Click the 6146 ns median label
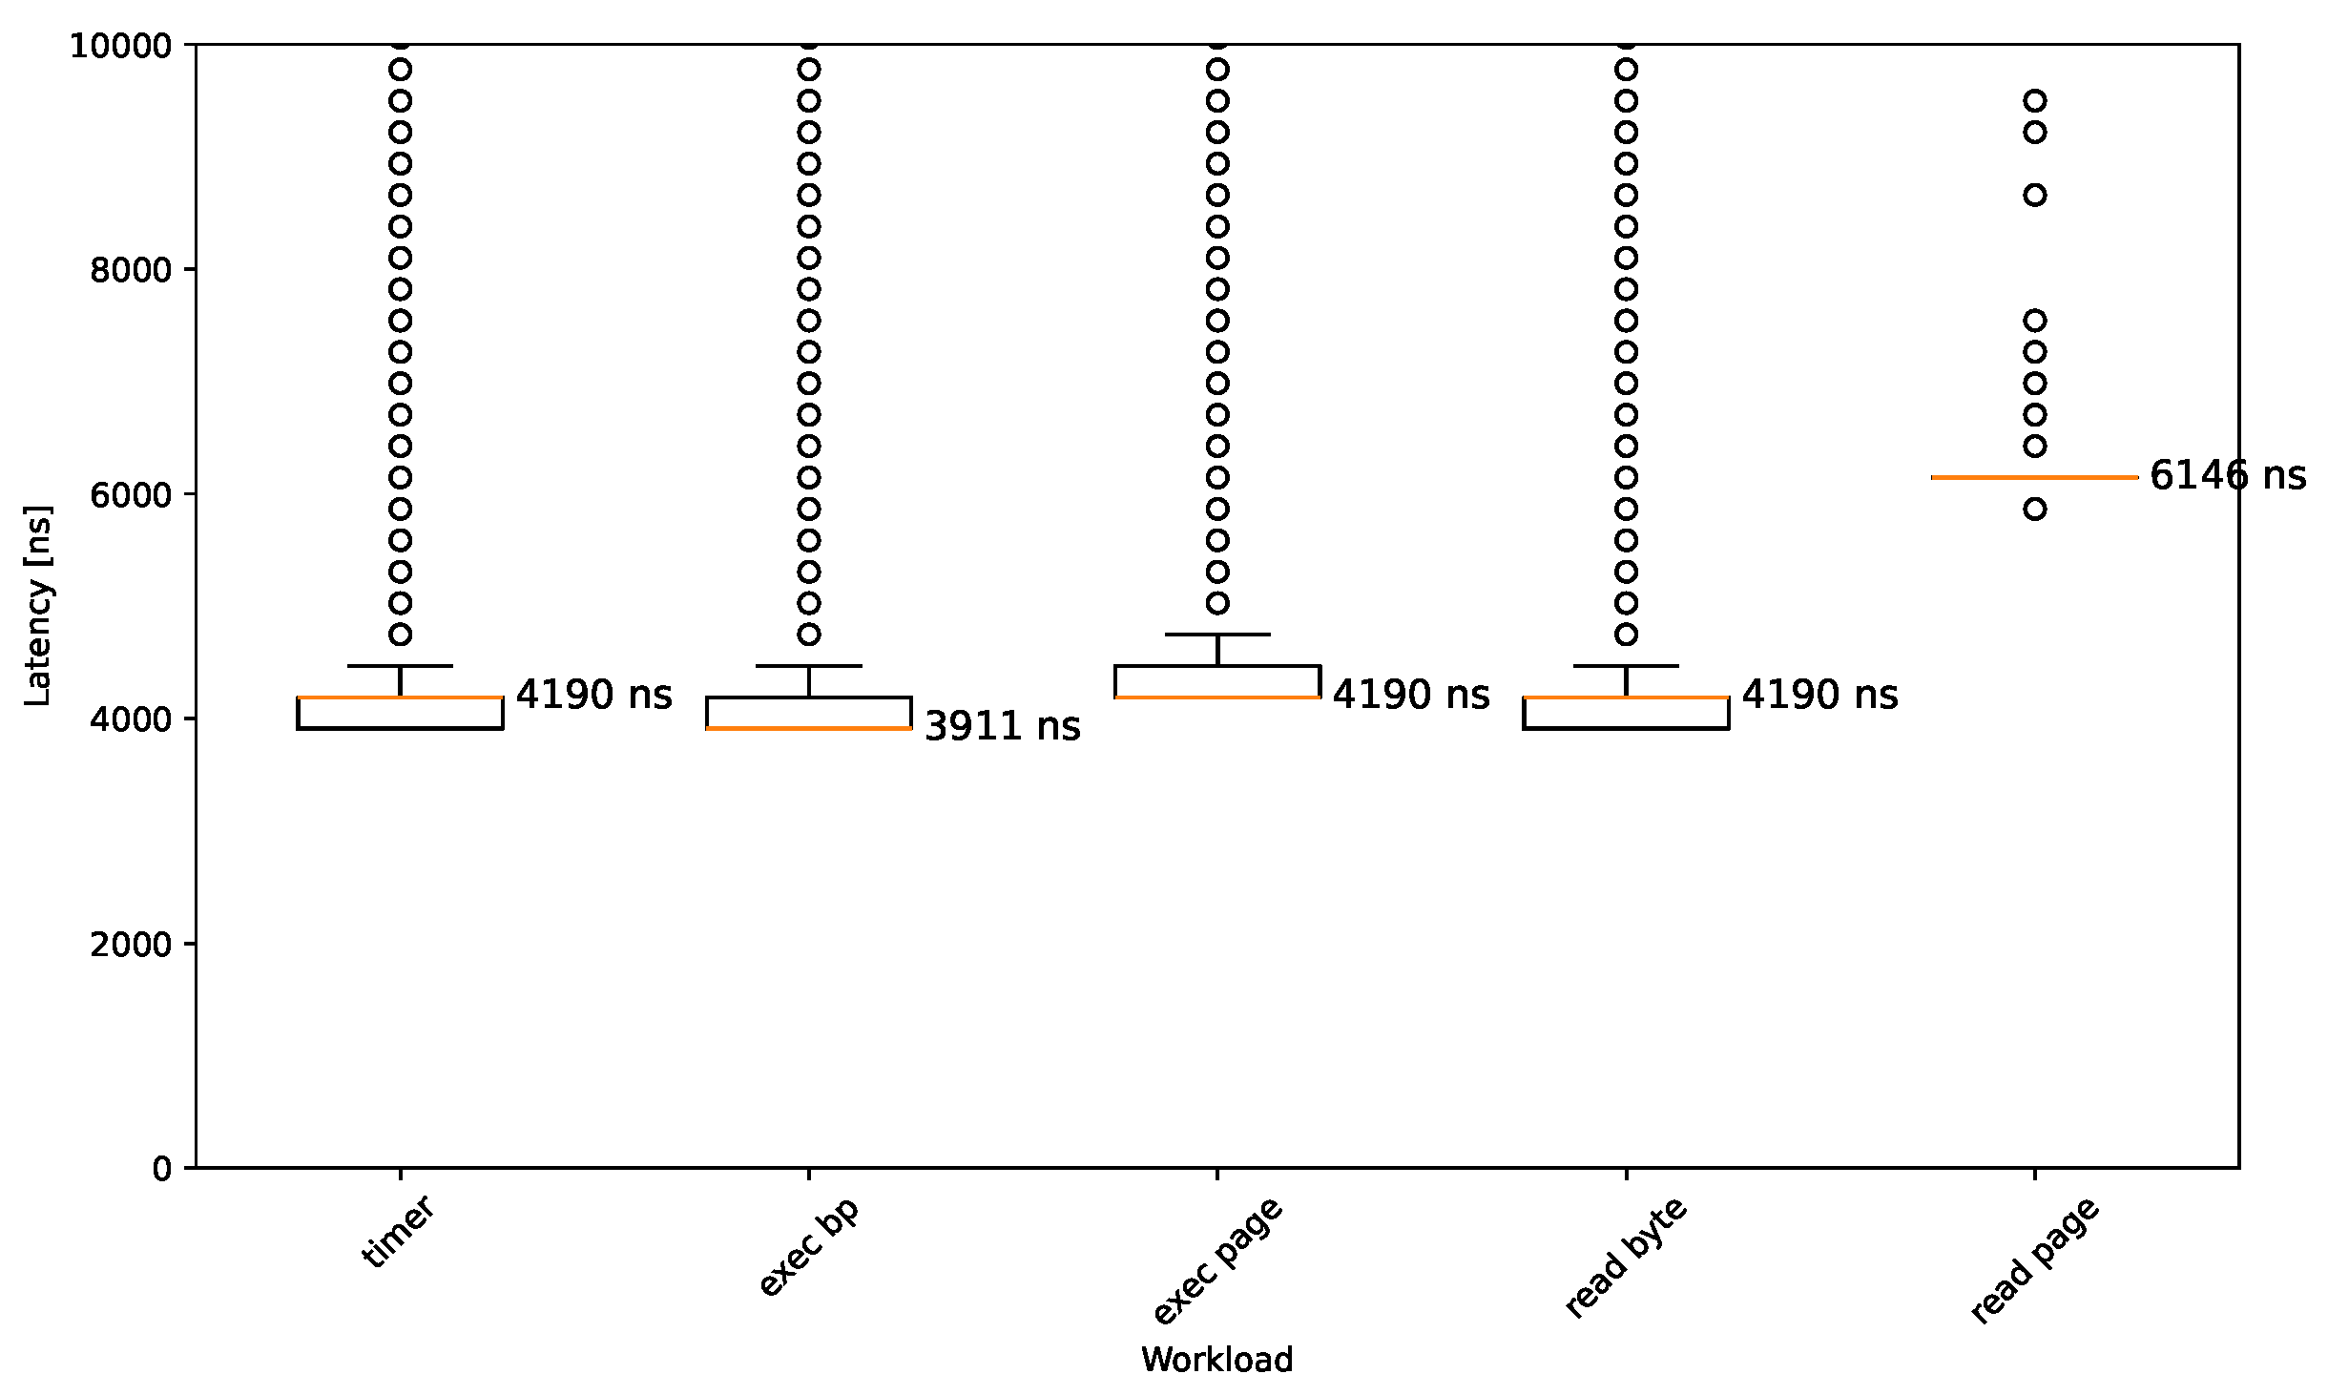point(2227,475)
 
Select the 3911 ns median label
point(1002,726)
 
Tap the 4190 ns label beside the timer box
point(593,695)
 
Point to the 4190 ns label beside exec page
point(1410,695)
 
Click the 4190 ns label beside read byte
point(1819,695)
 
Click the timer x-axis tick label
point(399,1232)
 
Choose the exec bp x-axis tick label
point(808,1246)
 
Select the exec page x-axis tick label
point(1216,1260)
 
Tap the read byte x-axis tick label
point(1626,1258)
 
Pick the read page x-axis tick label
point(2034,1260)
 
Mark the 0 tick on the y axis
point(161,1169)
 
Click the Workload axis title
point(1216,1360)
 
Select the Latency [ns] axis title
point(37,606)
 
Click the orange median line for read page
point(2034,477)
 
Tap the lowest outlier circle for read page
point(2035,510)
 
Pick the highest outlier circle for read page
point(2035,101)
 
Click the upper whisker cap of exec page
point(1217,635)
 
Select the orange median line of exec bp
point(808,729)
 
